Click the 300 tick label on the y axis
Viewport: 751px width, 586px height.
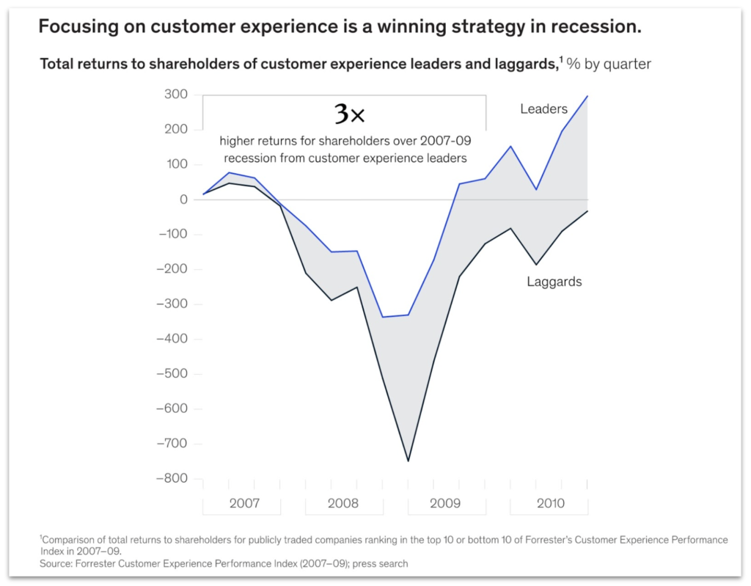point(176,95)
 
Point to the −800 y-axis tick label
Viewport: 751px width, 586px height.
point(172,478)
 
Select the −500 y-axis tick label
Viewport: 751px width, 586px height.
point(172,374)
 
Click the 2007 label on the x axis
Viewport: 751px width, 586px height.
point(243,504)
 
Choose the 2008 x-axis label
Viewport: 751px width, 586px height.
point(343,504)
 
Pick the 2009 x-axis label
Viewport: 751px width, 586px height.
point(445,504)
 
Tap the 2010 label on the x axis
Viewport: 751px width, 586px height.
point(550,504)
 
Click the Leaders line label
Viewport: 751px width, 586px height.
point(543,109)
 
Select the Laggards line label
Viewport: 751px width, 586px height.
point(554,282)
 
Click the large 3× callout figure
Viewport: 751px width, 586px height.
point(349,114)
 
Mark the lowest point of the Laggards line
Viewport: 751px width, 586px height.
point(409,461)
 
